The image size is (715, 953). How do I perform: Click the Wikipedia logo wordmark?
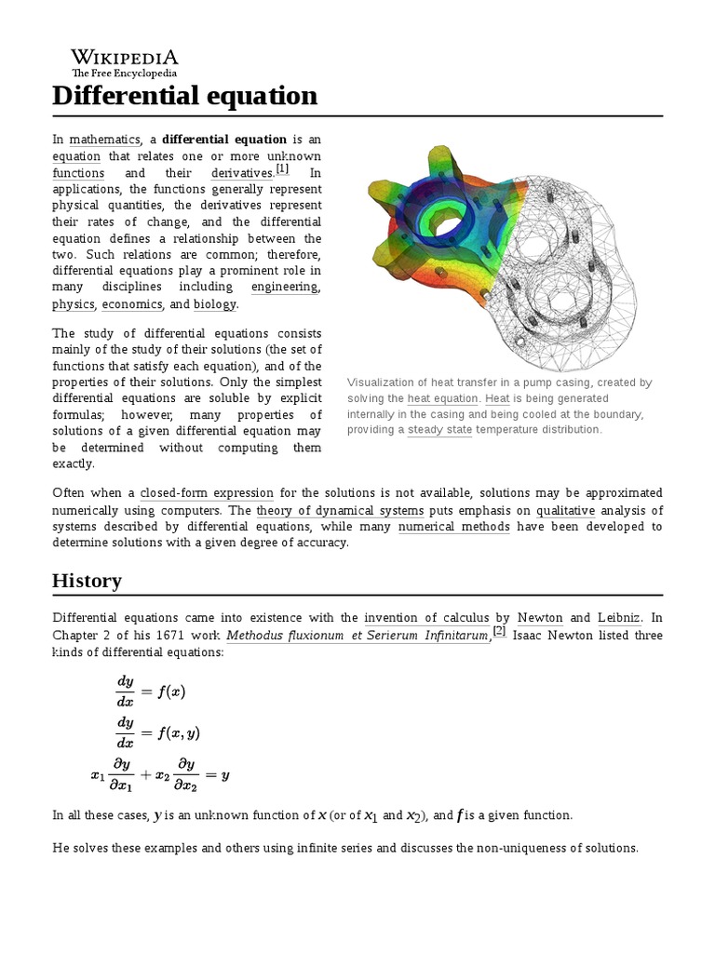125,59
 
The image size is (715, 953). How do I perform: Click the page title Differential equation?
184,95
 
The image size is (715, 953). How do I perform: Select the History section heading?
87,581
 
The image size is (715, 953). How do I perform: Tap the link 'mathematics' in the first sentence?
105,140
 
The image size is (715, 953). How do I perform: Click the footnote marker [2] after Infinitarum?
499,631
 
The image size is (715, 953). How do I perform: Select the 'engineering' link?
284,287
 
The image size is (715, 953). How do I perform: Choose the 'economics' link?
132,304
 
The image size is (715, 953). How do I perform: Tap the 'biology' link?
215,304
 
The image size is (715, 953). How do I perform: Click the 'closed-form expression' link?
207,493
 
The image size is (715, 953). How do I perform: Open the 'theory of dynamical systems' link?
340,511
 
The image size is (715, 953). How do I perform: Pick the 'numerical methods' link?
453,527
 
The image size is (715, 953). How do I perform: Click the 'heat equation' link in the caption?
441,398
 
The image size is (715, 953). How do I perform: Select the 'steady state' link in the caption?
439,430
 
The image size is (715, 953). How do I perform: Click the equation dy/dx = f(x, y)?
157,732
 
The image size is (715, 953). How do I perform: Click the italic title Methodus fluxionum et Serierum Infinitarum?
358,636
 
